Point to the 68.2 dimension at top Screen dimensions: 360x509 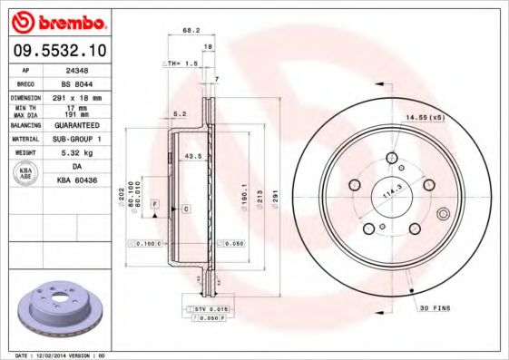[191, 31]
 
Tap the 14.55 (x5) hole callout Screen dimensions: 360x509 [424, 117]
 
